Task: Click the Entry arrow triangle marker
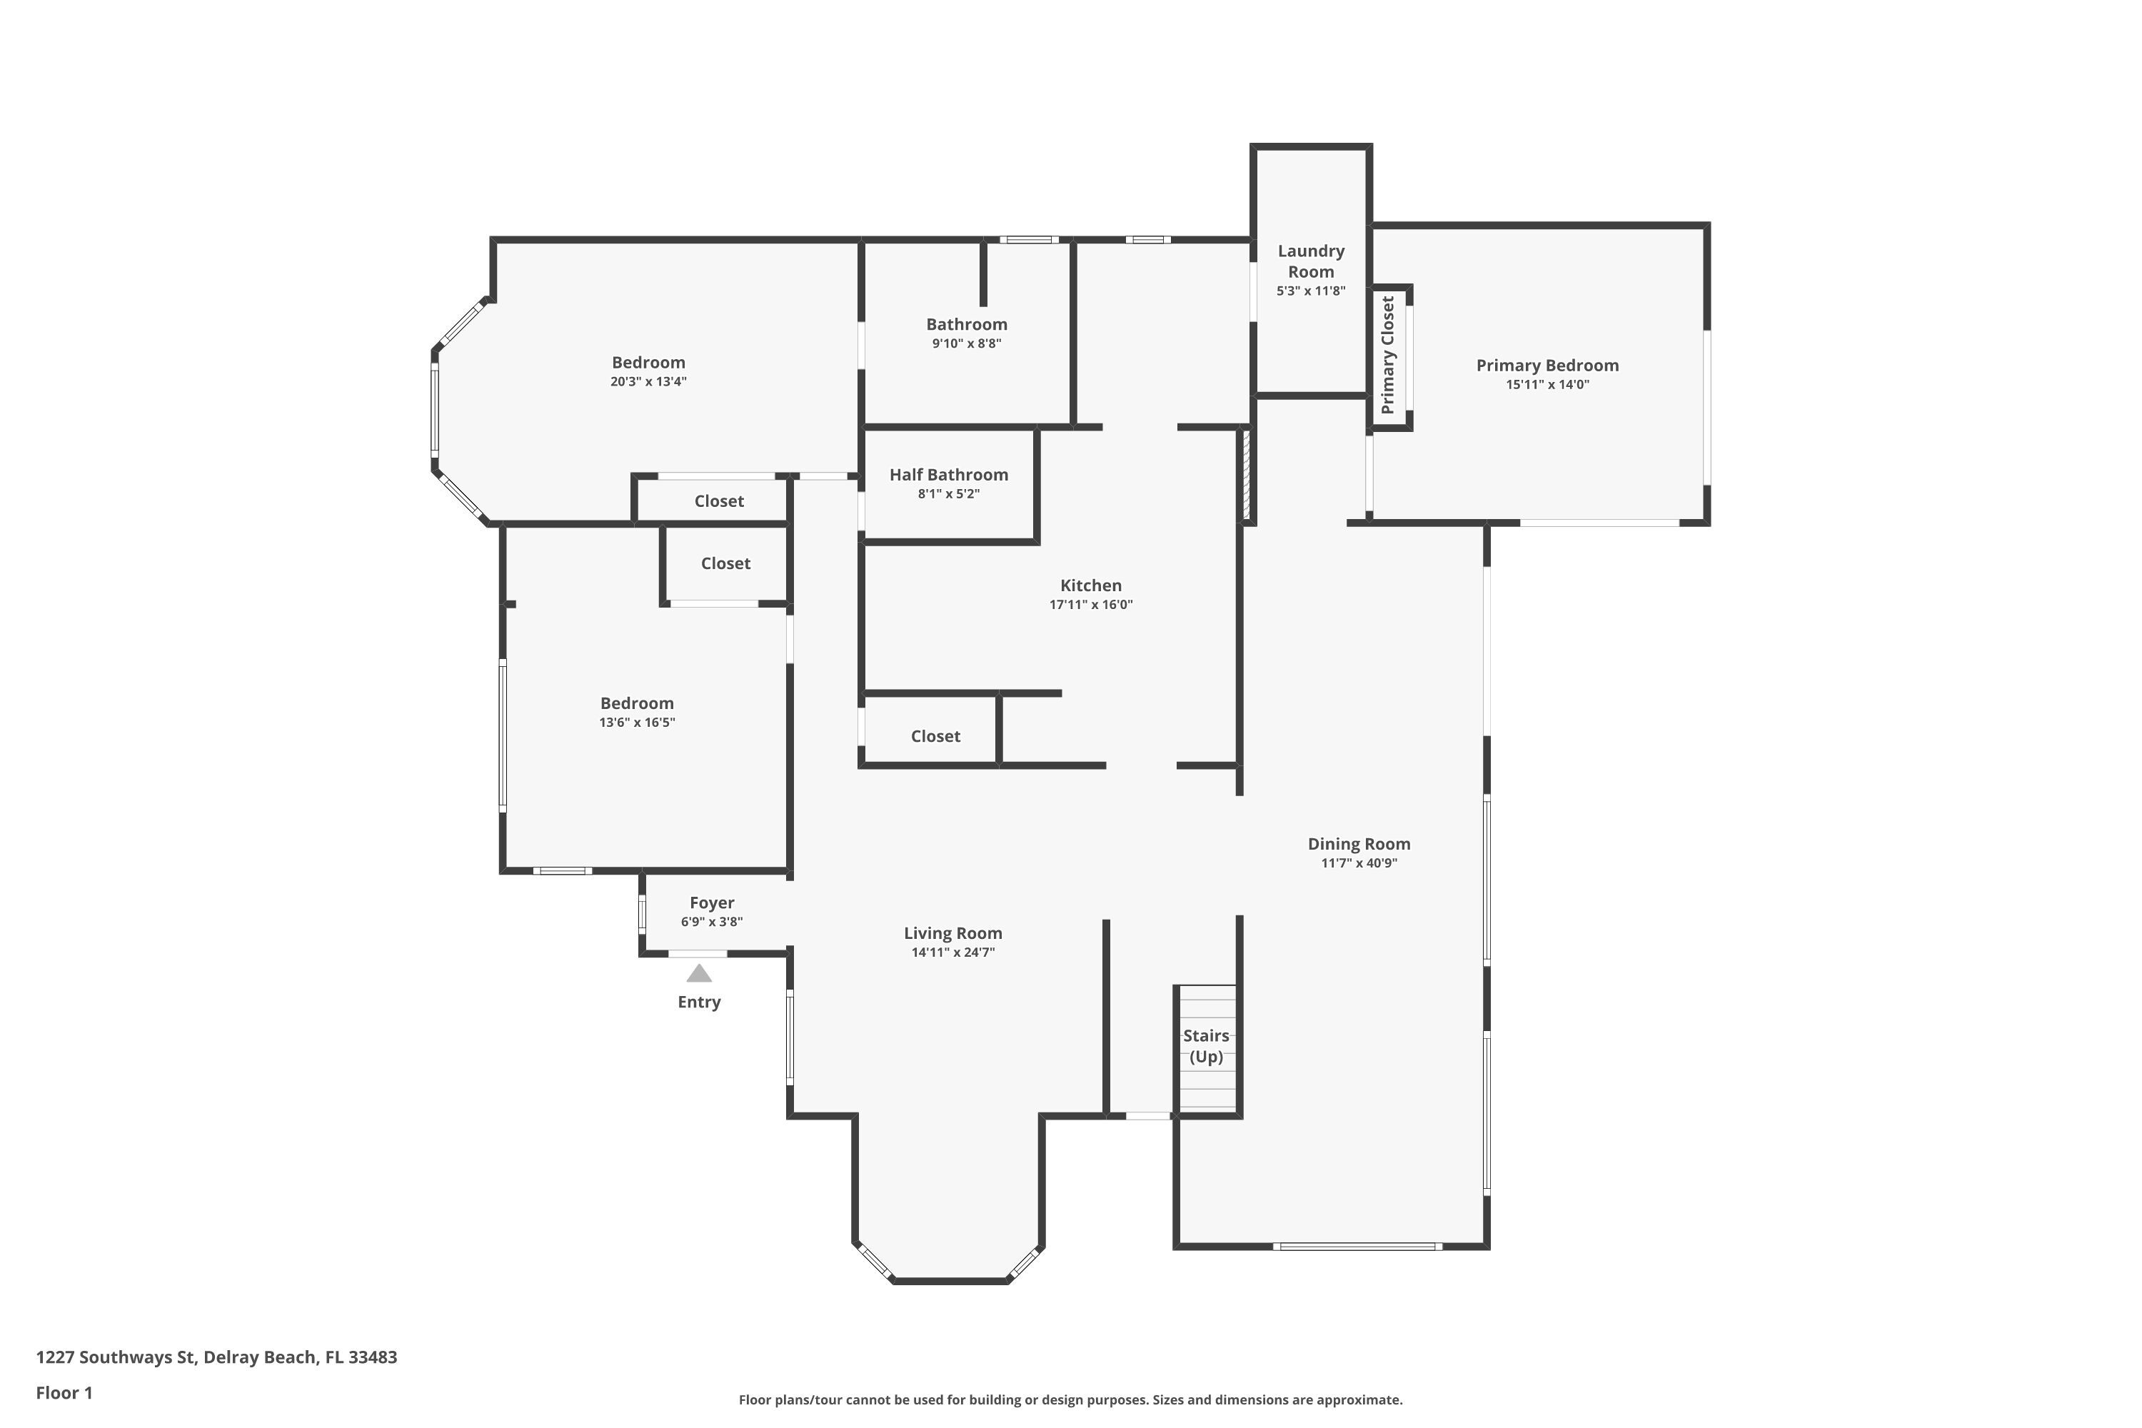[x=698, y=974]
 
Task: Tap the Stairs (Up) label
[x=1206, y=1045]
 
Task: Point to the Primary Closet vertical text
[x=1387, y=355]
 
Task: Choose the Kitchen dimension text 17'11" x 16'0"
[x=1090, y=605]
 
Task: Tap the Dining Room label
[x=1359, y=844]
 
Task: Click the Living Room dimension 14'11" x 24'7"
[x=952, y=952]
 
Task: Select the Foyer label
[x=711, y=902]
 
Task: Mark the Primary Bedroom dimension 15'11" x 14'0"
[x=1547, y=384]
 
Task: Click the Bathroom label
[x=966, y=324]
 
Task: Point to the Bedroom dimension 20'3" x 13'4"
[x=648, y=381]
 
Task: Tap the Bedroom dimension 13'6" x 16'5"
[x=637, y=722]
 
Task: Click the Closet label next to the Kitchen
[x=935, y=736]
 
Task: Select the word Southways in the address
[x=136, y=1357]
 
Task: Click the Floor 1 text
[x=64, y=1392]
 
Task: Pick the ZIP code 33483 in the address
[x=373, y=1357]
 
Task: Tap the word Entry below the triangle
[x=698, y=1002]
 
